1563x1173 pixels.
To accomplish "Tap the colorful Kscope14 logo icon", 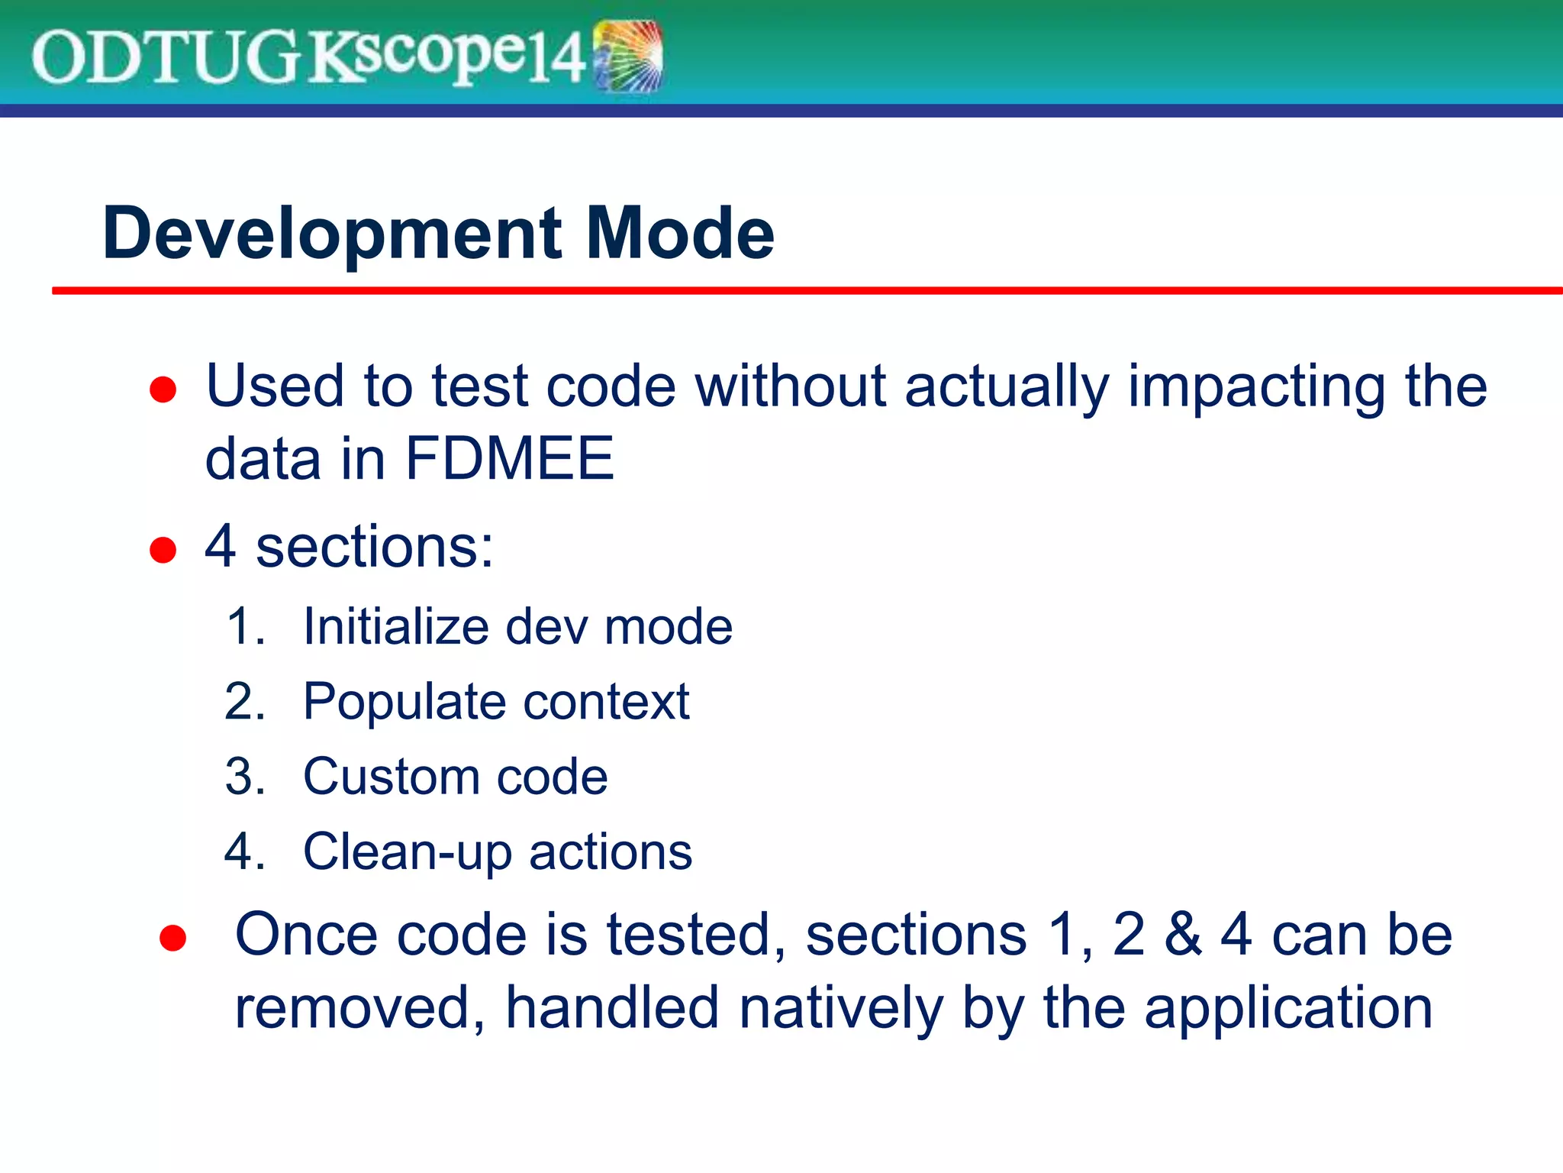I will click(x=627, y=57).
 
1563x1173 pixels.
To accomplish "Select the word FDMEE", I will click(x=509, y=458).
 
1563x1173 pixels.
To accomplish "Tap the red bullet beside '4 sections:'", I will click(x=163, y=549).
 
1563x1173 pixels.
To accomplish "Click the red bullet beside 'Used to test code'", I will click(x=163, y=389).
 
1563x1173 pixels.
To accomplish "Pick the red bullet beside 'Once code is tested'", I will click(x=173, y=938).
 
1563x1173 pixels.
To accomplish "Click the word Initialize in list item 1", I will click(x=395, y=626).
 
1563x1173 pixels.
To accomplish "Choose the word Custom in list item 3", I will click(x=390, y=777).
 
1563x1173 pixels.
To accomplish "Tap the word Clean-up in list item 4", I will click(x=407, y=851).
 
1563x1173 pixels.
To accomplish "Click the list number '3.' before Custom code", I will click(x=245, y=777).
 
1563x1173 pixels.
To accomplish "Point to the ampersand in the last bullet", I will click(x=1183, y=934).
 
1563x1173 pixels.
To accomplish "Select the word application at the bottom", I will click(x=1288, y=1009).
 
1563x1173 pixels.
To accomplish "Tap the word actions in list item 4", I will click(x=611, y=851).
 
